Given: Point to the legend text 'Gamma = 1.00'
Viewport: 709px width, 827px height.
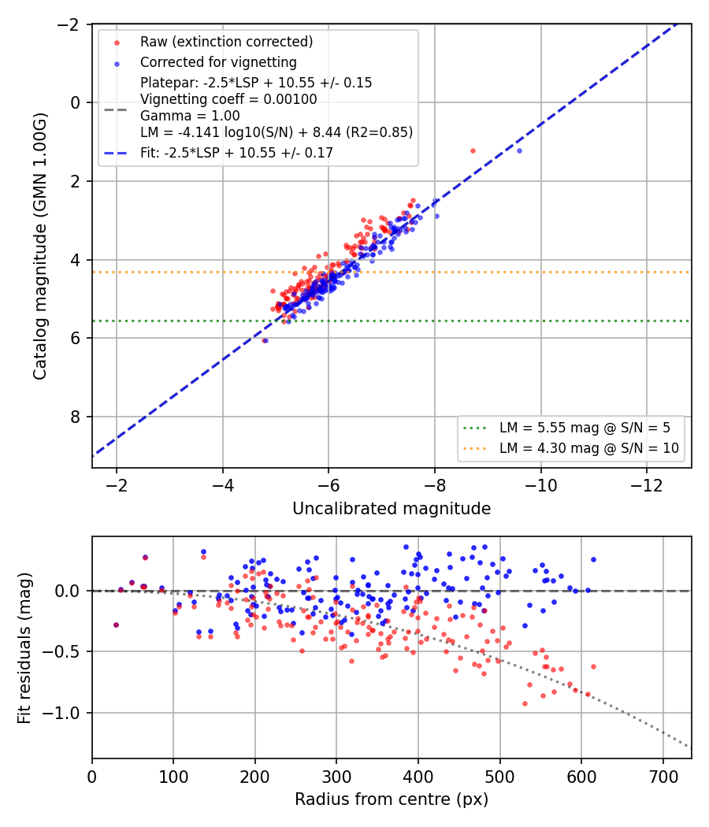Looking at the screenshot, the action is [x=190, y=116].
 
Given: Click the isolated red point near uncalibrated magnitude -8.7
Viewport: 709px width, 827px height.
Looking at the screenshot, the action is [x=473, y=151].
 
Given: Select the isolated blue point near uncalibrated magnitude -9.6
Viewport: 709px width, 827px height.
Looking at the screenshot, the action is [x=519, y=151].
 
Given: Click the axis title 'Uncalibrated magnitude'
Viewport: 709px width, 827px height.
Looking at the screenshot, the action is [x=392, y=509].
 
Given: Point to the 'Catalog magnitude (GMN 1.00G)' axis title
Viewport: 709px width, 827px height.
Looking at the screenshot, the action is [x=40, y=246].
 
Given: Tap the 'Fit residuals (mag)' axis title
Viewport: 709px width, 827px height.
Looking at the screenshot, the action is [x=24, y=647].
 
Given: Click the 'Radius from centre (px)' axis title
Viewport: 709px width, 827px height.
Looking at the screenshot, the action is [x=392, y=799].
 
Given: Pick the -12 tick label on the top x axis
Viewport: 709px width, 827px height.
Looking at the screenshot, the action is [x=647, y=485].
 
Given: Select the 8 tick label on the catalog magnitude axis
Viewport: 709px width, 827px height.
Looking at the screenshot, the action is [x=75, y=417].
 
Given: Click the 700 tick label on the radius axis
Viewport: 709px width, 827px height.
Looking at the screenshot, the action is [x=663, y=777].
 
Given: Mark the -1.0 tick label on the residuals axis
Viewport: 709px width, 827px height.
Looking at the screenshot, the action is [x=61, y=713].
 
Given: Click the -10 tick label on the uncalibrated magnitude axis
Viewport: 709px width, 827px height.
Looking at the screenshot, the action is [x=540, y=485].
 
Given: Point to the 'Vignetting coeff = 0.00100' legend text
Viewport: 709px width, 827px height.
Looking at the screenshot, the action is [x=228, y=99].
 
